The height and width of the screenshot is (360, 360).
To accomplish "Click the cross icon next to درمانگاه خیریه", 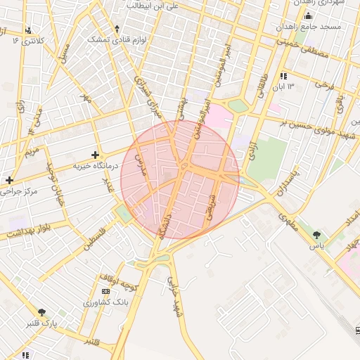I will (96, 154).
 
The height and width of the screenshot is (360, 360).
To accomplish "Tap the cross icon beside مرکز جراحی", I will (9, 180).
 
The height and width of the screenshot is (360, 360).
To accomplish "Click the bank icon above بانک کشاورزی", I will (105, 291).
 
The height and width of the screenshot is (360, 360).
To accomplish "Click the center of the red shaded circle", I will (180, 179).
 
